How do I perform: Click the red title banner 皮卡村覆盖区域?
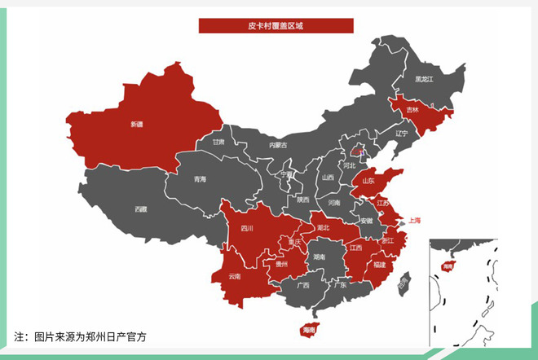pos(276,26)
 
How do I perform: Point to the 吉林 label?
pos(413,109)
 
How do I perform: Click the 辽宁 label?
pos(401,133)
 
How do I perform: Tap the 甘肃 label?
pos(218,141)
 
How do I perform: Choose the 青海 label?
pos(200,178)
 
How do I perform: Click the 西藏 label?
pos(140,209)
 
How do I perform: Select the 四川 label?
pos(246,229)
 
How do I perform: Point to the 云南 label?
pos(235,276)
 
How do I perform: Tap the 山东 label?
pos(368,181)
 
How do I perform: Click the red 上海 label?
pos(415,220)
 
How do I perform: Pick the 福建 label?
pos(380,265)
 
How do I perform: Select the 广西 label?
pos(302,285)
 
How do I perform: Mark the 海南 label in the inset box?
pos(447,266)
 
